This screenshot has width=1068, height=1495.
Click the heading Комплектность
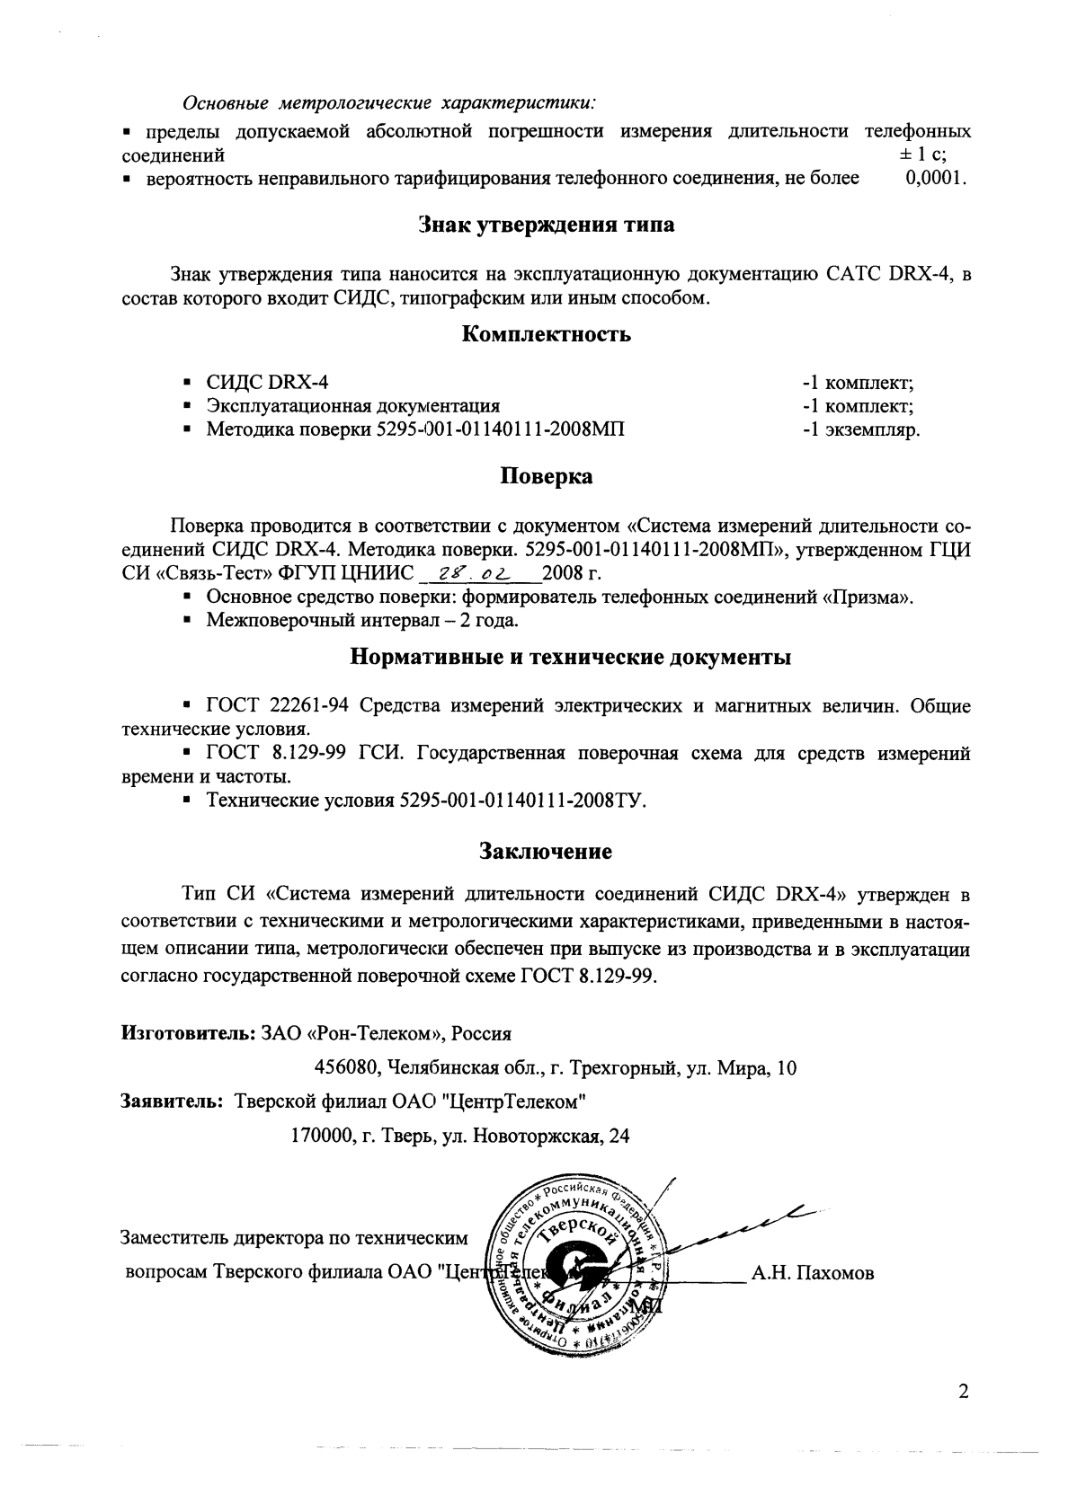(x=546, y=335)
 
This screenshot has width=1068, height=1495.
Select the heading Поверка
(x=546, y=476)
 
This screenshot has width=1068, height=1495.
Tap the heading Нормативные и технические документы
(x=569, y=657)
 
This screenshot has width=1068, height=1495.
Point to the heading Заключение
(x=546, y=849)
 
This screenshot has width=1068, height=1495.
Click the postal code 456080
(x=346, y=1068)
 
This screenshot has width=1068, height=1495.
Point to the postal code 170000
(x=322, y=1136)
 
